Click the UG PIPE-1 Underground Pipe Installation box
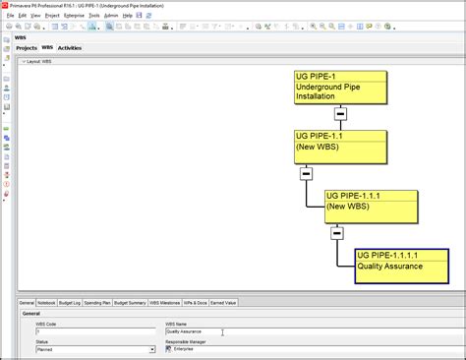[340, 88]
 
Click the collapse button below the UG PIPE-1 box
[340, 114]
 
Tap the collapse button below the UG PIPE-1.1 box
[307, 173]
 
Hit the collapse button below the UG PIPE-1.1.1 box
[337, 233]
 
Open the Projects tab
[27, 47]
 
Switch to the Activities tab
[70, 47]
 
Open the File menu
[10, 16]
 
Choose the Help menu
[128, 16]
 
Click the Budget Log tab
[71, 303]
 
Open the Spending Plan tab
[98, 303]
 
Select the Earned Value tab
[224, 303]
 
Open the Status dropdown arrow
[152, 349]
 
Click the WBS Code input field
[93, 331]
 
